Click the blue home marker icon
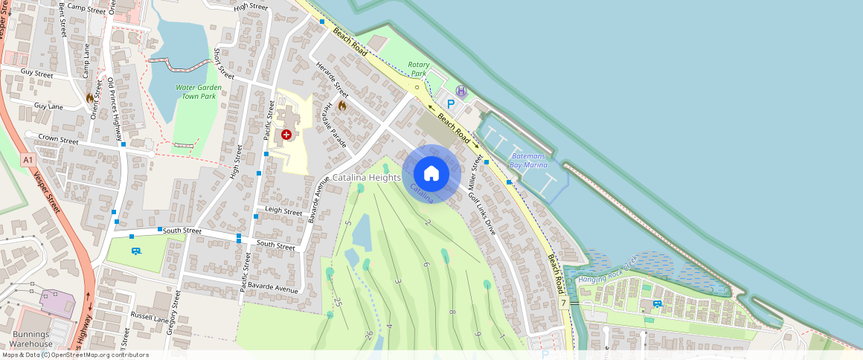[431, 173]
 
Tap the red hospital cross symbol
[286, 135]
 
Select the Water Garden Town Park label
[196, 91]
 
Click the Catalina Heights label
[366, 178]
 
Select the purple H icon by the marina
[461, 91]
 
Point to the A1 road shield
[28, 159]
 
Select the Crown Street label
[58, 139]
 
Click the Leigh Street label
[283, 212]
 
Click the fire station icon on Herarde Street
[342, 106]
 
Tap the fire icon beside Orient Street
[90, 97]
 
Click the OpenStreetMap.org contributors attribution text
[97, 355]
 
